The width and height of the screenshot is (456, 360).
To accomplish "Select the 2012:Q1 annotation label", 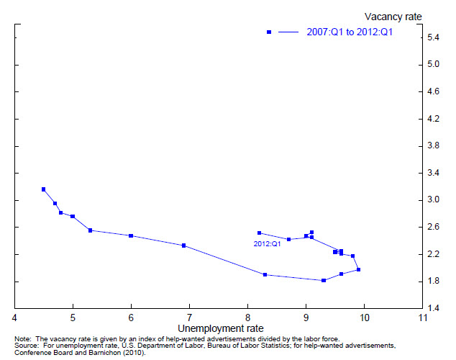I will point(267,244).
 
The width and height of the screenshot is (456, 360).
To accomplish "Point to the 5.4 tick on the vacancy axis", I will point(434,37).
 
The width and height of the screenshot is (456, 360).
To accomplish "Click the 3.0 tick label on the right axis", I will point(434,199).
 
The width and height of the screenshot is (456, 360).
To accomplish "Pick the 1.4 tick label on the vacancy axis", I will point(434,308).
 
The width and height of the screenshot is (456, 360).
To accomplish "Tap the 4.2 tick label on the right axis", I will point(434,118).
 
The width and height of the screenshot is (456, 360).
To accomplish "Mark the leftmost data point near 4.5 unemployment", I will point(43,189).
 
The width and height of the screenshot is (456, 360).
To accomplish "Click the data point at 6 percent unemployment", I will point(131,235).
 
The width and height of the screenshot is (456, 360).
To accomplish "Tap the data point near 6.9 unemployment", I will point(184,246).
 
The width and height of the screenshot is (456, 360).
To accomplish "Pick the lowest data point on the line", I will point(324,280).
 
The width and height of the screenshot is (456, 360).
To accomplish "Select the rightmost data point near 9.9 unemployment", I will point(358,269).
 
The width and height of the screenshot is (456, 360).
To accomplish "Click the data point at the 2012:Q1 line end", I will point(259,233).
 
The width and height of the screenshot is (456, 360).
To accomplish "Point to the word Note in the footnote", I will point(22,338).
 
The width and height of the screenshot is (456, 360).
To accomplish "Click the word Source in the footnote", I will point(24,346).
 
